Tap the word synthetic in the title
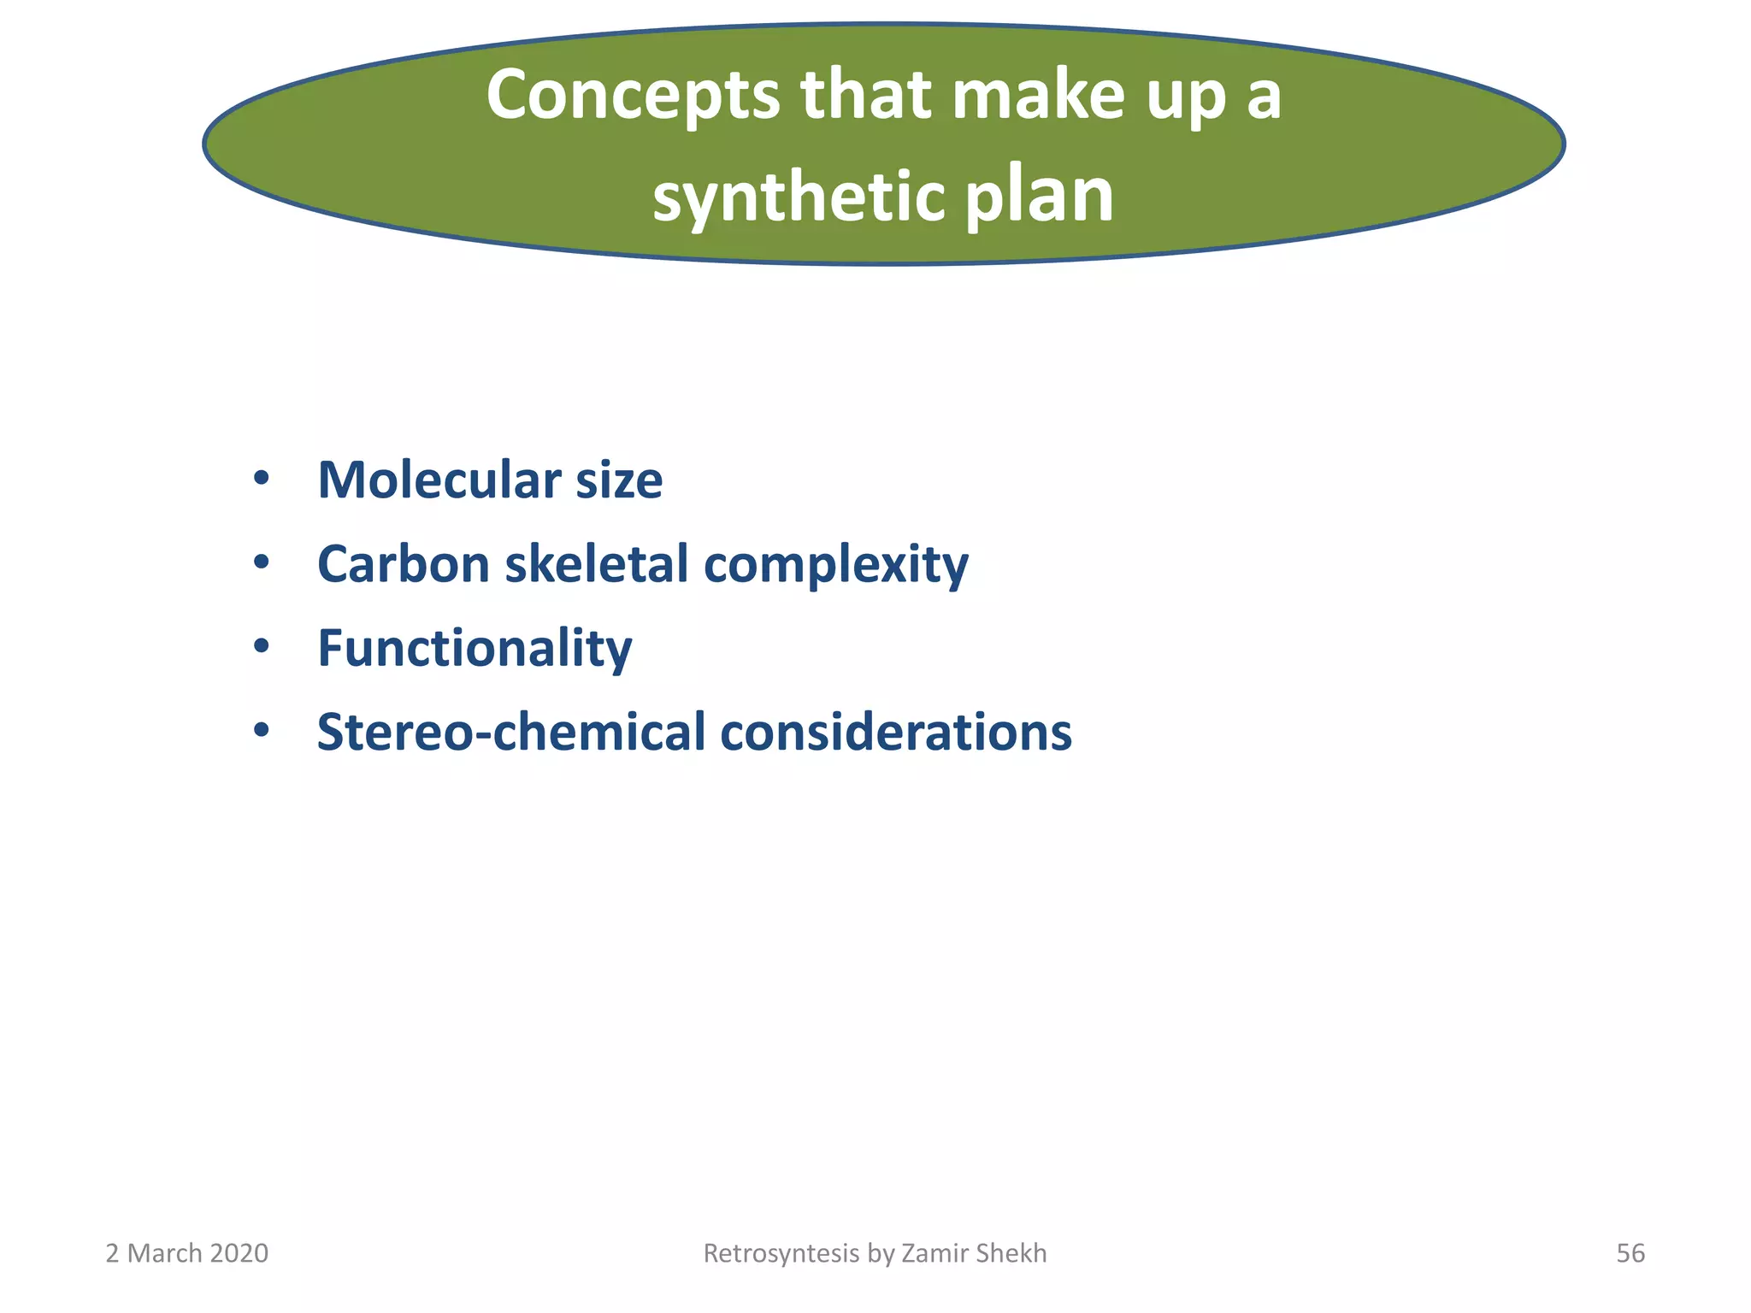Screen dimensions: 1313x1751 [798, 197]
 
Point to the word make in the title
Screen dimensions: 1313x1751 [1038, 94]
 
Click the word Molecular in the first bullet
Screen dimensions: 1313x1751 [436, 480]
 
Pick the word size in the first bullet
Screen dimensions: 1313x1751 [619, 480]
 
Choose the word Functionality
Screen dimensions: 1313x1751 [475, 648]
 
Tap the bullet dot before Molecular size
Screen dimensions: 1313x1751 [262, 478]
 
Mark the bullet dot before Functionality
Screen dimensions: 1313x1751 [262, 646]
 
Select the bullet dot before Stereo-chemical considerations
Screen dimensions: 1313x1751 [262, 731]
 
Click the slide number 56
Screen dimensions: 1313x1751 [1630, 1253]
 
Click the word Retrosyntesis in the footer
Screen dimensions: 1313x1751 [781, 1253]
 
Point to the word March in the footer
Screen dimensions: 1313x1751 [164, 1253]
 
